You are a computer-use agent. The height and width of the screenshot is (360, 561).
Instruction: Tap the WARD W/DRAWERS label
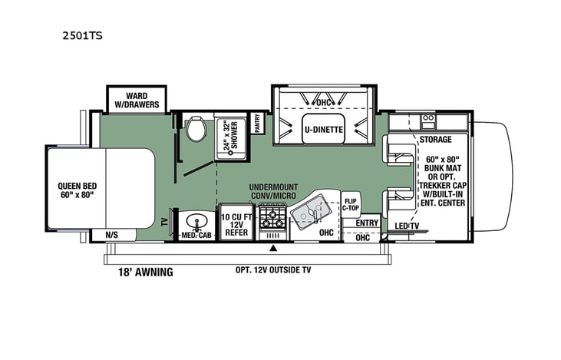click(131, 101)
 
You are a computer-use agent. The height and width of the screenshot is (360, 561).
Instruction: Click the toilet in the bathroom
click(195, 130)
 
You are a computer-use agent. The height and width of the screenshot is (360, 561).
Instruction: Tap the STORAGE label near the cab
click(434, 140)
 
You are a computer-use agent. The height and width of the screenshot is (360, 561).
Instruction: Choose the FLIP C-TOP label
click(351, 204)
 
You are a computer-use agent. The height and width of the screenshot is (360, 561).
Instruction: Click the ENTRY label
click(368, 223)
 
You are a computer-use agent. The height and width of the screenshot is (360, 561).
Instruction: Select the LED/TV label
click(407, 225)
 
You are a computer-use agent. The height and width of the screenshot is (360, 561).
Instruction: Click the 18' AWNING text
click(145, 272)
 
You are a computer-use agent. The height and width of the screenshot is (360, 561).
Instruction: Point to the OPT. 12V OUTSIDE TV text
click(272, 269)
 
